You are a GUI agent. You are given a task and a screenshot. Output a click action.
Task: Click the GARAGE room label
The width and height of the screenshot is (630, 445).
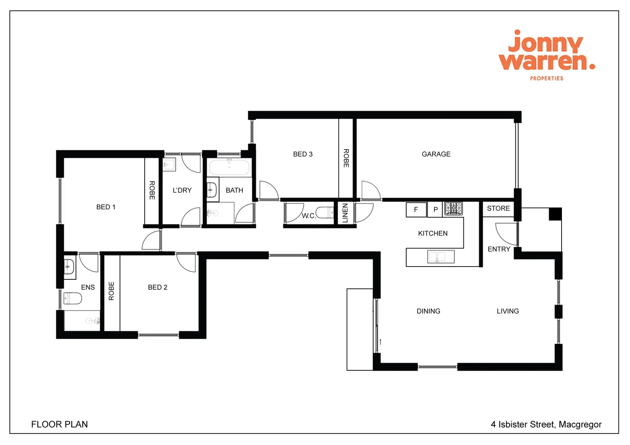pyautogui.click(x=436, y=154)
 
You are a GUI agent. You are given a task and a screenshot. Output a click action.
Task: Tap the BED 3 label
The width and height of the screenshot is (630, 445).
pyautogui.click(x=303, y=154)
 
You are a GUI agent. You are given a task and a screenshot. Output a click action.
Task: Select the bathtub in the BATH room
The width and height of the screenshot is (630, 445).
pyautogui.click(x=229, y=168)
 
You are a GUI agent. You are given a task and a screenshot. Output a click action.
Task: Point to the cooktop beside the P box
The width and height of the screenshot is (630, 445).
pyautogui.click(x=453, y=208)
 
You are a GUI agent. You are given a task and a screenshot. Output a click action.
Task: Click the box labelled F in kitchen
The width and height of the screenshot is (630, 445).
pyautogui.click(x=416, y=210)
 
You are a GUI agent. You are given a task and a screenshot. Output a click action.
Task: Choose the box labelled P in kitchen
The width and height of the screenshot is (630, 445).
pyautogui.click(x=435, y=210)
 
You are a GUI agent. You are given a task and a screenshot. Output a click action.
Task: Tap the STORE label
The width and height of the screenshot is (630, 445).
pyautogui.click(x=498, y=208)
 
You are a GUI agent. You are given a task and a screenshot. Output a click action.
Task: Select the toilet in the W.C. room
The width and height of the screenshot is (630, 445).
pyautogui.click(x=325, y=213)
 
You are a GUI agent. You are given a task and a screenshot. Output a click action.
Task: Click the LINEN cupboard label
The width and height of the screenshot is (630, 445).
pyautogui.click(x=345, y=213)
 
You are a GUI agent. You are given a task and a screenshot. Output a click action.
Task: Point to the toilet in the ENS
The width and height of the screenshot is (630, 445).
pyautogui.click(x=73, y=298)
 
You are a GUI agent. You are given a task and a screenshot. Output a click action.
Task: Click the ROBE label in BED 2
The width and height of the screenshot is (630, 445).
pyautogui.click(x=111, y=291)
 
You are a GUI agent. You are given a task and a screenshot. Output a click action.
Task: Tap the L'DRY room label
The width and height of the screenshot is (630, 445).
pyautogui.click(x=182, y=190)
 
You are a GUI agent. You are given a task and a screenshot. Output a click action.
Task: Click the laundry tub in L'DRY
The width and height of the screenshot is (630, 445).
pyautogui.click(x=169, y=164)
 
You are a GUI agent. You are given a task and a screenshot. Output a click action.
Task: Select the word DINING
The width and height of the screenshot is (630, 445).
pyautogui.click(x=428, y=311)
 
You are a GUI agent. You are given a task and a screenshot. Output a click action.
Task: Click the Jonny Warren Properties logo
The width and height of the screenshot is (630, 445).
pyautogui.click(x=546, y=55)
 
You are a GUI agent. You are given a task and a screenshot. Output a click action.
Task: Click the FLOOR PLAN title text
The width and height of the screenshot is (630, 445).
pyautogui.click(x=59, y=424)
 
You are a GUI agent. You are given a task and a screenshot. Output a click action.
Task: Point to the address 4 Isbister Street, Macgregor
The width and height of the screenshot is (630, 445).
pyautogui.click(x=546, y=424)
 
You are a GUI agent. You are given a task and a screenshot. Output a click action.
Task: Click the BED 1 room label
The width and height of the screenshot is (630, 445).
pyautogui.click(x=106, y=207)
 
